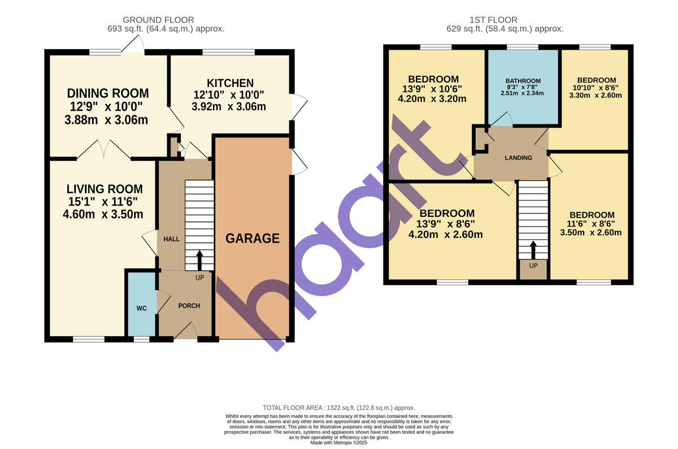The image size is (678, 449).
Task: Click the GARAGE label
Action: tap(253, 238)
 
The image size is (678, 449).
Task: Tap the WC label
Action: tap(141, 308)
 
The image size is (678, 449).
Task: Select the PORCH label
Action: tap(189, 306)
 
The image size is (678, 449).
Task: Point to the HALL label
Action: tap(171, 239)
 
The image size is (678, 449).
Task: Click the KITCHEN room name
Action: tap(230, 83)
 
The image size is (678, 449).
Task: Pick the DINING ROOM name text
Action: tap(108, 93)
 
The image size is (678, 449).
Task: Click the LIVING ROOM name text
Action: tap(105, 189)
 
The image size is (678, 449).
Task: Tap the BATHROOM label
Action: tap(523, 81)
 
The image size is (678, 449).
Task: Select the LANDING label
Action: tap(518, 158)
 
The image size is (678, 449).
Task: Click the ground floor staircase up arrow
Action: tap(199, 260)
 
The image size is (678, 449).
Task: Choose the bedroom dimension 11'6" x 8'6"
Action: tap(592, 224)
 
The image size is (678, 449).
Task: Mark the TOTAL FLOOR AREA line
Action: tap(339, 408)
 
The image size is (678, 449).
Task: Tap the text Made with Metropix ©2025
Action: tap(339, 443)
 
